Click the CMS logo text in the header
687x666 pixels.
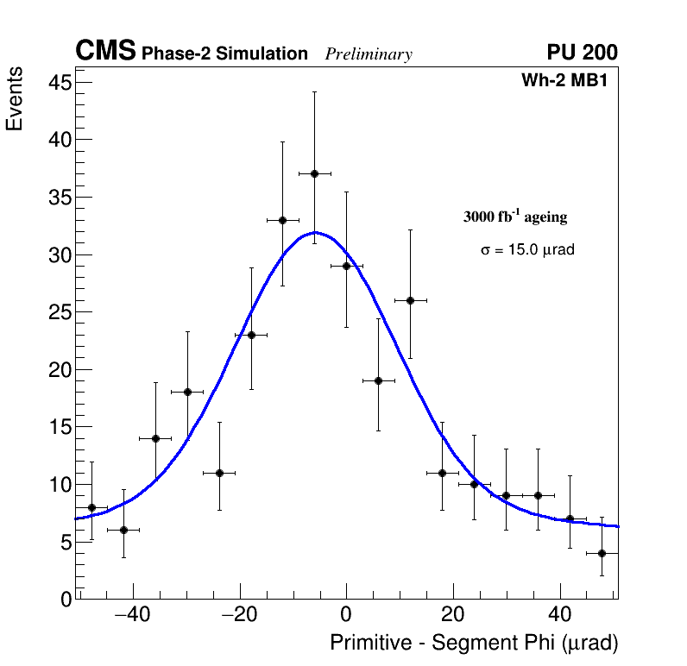click(x=105, y=52)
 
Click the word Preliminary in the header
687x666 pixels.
click(x=369, y=55)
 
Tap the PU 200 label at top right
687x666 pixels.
click(x=582, y=53)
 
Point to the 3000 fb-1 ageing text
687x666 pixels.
click(x=515, y=217)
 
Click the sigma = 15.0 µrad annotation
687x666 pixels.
click(x=527, y=250)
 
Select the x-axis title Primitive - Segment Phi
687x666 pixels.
click(x=474, y=644)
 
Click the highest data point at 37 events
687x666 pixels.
click(x=314, y=173)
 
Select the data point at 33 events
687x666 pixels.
click(x=282, y=220)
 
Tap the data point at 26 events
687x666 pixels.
click(x=410, y=300)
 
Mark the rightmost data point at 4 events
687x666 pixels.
click(x=602, y=553)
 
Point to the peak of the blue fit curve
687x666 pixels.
click(x=316, y=232)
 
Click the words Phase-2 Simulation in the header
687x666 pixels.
click(x=224, y=54)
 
